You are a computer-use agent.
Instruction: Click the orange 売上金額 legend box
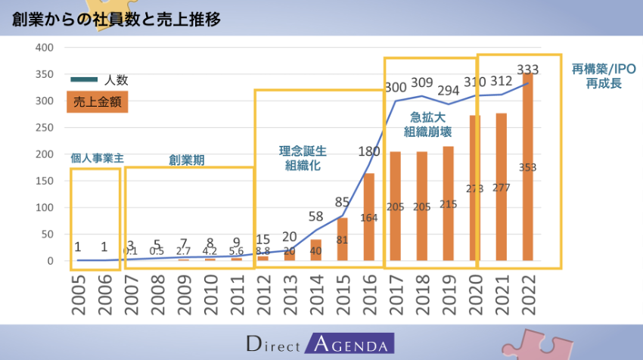[x=97, y=101]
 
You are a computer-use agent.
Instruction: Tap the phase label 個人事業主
[x=96, y=159]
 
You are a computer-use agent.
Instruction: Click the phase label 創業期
[x=187, y=160]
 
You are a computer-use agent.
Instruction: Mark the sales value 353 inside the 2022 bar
[x=527, y=167]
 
